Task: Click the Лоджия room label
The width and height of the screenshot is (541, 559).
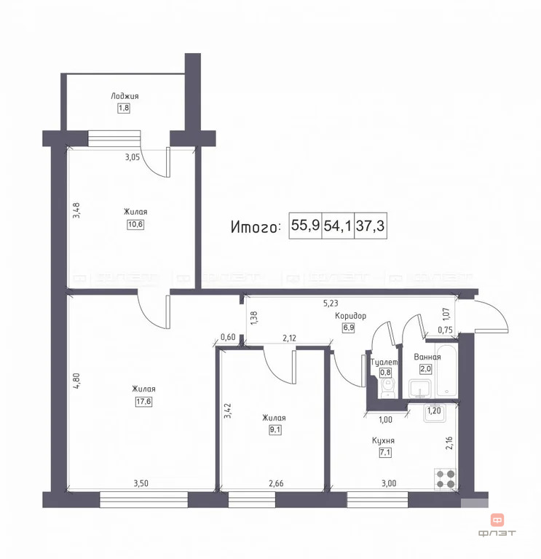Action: (125, 96)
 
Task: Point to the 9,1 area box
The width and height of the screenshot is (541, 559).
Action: (274, 429)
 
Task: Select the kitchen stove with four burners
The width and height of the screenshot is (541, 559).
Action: (446, 480)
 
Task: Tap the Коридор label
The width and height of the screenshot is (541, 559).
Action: (350, 316)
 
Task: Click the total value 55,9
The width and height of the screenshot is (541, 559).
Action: (305, 226)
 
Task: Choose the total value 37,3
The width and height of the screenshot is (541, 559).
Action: (370, 226)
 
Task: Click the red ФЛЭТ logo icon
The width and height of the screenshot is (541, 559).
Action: (498, 520)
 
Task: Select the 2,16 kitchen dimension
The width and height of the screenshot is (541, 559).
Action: (449, 443)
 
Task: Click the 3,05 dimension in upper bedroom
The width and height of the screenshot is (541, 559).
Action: (132, 156)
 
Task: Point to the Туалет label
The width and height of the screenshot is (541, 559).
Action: (384, 362)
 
